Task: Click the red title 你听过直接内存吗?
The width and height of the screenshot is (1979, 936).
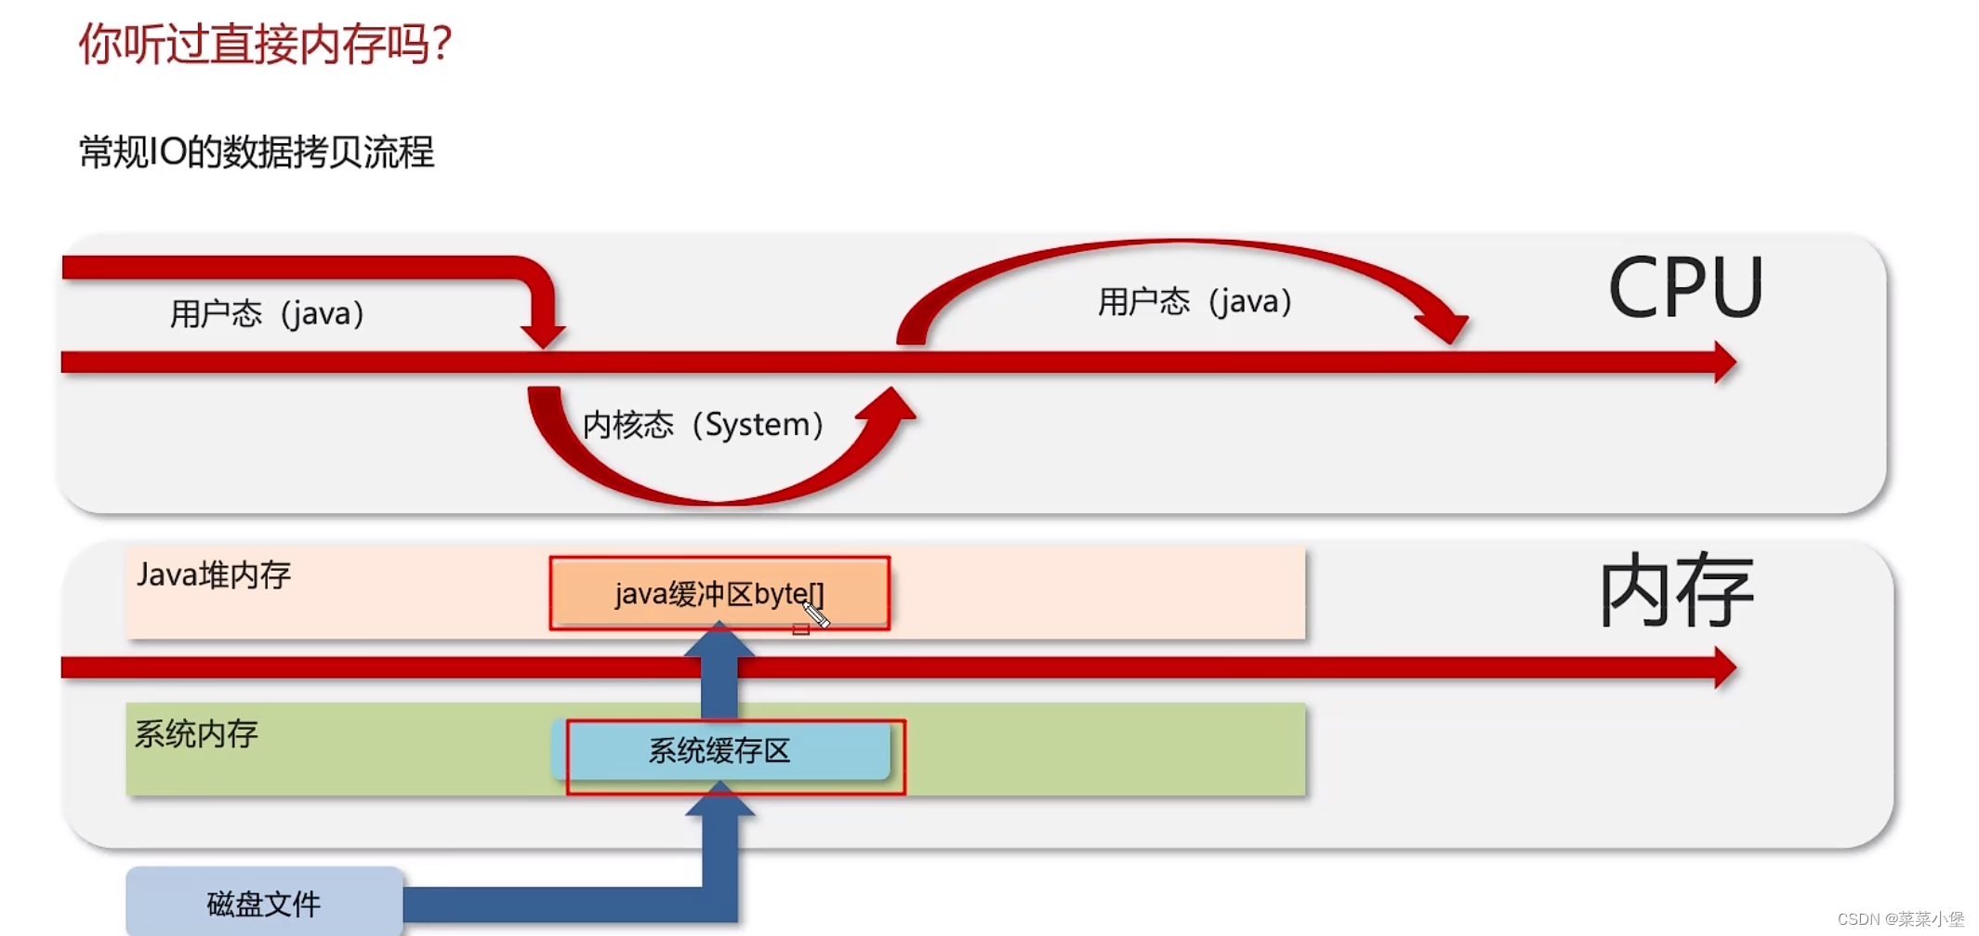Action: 265,44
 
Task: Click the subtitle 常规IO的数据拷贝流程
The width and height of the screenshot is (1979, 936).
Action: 257,152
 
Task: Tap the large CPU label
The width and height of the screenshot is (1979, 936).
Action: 1684,288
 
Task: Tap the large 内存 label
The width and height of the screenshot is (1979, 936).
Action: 1675,591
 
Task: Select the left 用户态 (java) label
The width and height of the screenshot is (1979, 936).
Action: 267,313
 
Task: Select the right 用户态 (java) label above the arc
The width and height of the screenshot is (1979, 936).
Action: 1195,301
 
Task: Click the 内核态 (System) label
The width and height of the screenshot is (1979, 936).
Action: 703,424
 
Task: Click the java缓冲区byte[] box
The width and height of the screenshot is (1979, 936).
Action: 719,593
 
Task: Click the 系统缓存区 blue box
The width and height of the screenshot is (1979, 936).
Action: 719,750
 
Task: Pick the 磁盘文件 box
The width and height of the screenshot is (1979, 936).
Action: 264,903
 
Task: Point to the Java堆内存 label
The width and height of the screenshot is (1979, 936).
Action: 214,574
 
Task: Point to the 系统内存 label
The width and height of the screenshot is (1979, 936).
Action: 196,733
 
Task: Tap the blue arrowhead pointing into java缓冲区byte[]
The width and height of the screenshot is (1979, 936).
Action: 719,640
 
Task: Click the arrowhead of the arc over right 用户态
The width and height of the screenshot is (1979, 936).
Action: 1445,327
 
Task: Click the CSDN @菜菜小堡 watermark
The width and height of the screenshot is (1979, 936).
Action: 1900,918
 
